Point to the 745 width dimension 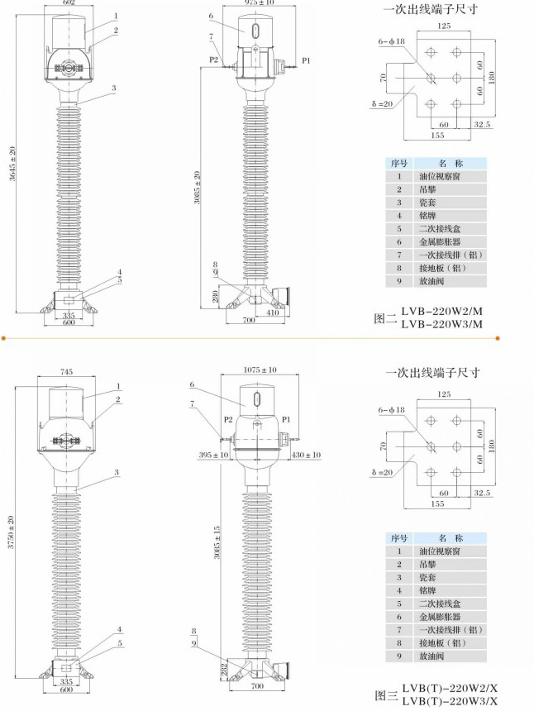68,372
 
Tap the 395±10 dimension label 214,455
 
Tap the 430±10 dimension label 306,455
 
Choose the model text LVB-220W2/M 441,312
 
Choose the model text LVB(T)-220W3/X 451,701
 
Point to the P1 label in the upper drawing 306,60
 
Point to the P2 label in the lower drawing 226,420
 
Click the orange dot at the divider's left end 3,338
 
